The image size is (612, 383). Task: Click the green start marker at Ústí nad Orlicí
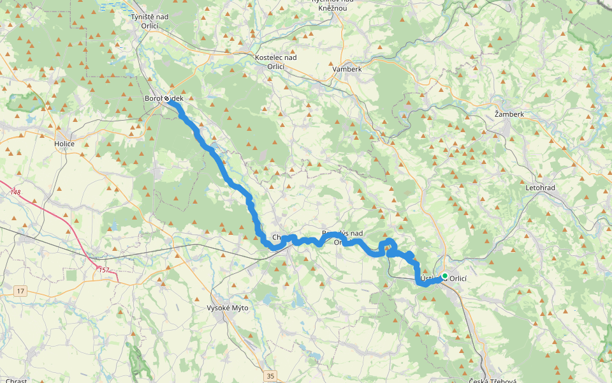point(444,276)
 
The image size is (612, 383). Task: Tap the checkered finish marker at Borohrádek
point(167,99)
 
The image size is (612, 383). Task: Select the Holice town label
point(64,144)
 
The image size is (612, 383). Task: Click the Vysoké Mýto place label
point(228,308)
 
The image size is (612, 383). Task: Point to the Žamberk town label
point(509,114)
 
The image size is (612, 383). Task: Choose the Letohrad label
point(541,189)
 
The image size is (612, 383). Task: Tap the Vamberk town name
point(347,69)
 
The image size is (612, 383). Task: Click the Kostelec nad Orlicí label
point(275,61)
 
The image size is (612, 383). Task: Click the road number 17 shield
point(20,291)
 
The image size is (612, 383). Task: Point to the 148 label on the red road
point(16,191)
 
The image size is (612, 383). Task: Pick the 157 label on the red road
point(104,270)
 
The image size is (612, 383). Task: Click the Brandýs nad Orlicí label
point(342,237)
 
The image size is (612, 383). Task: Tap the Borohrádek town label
point(164,99)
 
